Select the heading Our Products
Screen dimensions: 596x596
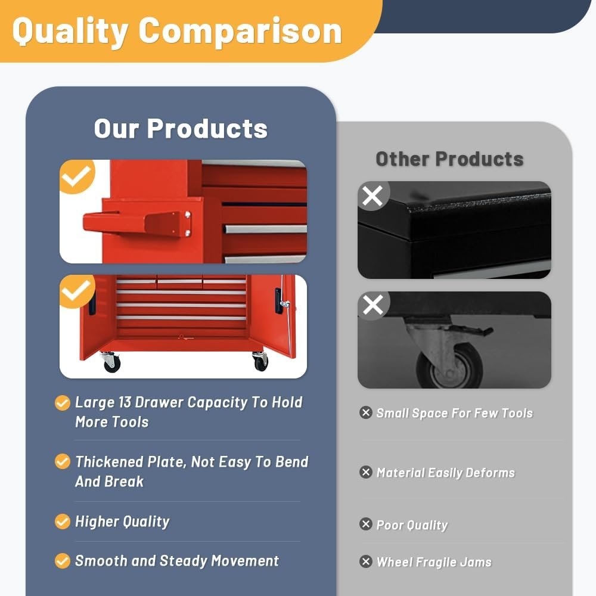(181, 129)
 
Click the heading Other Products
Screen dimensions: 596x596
(449, 159)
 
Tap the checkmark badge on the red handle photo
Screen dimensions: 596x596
(77, 176)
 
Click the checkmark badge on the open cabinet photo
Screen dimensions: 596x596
(77, 291)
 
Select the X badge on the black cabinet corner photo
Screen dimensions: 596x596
(373, 196)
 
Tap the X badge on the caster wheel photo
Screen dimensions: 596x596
(373, 305)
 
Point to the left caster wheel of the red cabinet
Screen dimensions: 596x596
(111, 362)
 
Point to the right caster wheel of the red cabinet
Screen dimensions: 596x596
(261, 361)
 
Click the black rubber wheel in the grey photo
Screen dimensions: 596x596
(449, 366)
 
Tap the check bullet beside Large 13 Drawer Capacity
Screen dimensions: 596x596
(63, 403)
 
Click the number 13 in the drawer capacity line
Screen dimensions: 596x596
(125, 402)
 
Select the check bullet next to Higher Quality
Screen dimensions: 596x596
(63, 521)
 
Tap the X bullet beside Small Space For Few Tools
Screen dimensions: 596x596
(366, 412)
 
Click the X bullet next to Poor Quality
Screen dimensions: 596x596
(366, 524)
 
